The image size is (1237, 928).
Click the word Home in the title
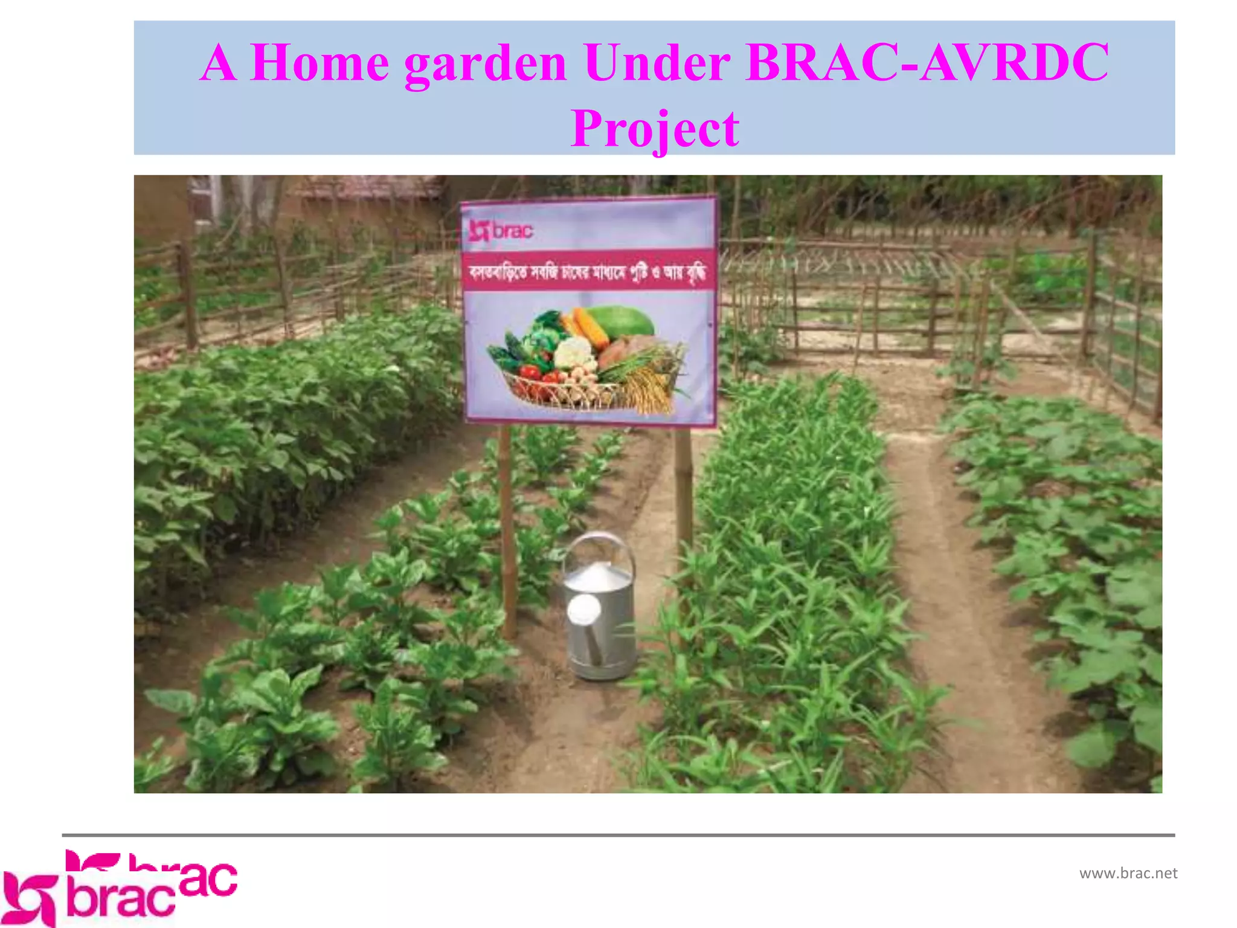319,63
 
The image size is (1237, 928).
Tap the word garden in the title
485,63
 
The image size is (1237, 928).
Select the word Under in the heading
657,63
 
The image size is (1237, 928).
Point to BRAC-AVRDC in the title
927,63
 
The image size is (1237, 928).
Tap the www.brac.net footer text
1128,873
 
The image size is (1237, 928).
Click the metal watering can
600,616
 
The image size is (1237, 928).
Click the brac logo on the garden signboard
501,231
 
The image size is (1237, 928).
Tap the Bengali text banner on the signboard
588,272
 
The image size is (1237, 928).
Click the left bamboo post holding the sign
507,532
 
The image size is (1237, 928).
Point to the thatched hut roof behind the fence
368,187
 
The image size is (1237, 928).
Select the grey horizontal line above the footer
618,835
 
